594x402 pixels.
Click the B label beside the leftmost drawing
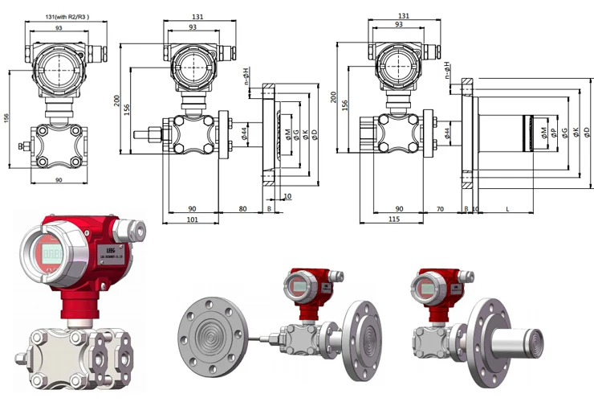coord(20,146)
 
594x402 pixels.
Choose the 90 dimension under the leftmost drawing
coord(59,179)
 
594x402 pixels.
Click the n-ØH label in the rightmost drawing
coord(447,72)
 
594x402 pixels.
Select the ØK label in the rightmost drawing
coord(576,132)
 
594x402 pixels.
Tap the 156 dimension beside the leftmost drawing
coord(7,117)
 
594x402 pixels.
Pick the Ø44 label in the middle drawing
coord(243,132)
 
